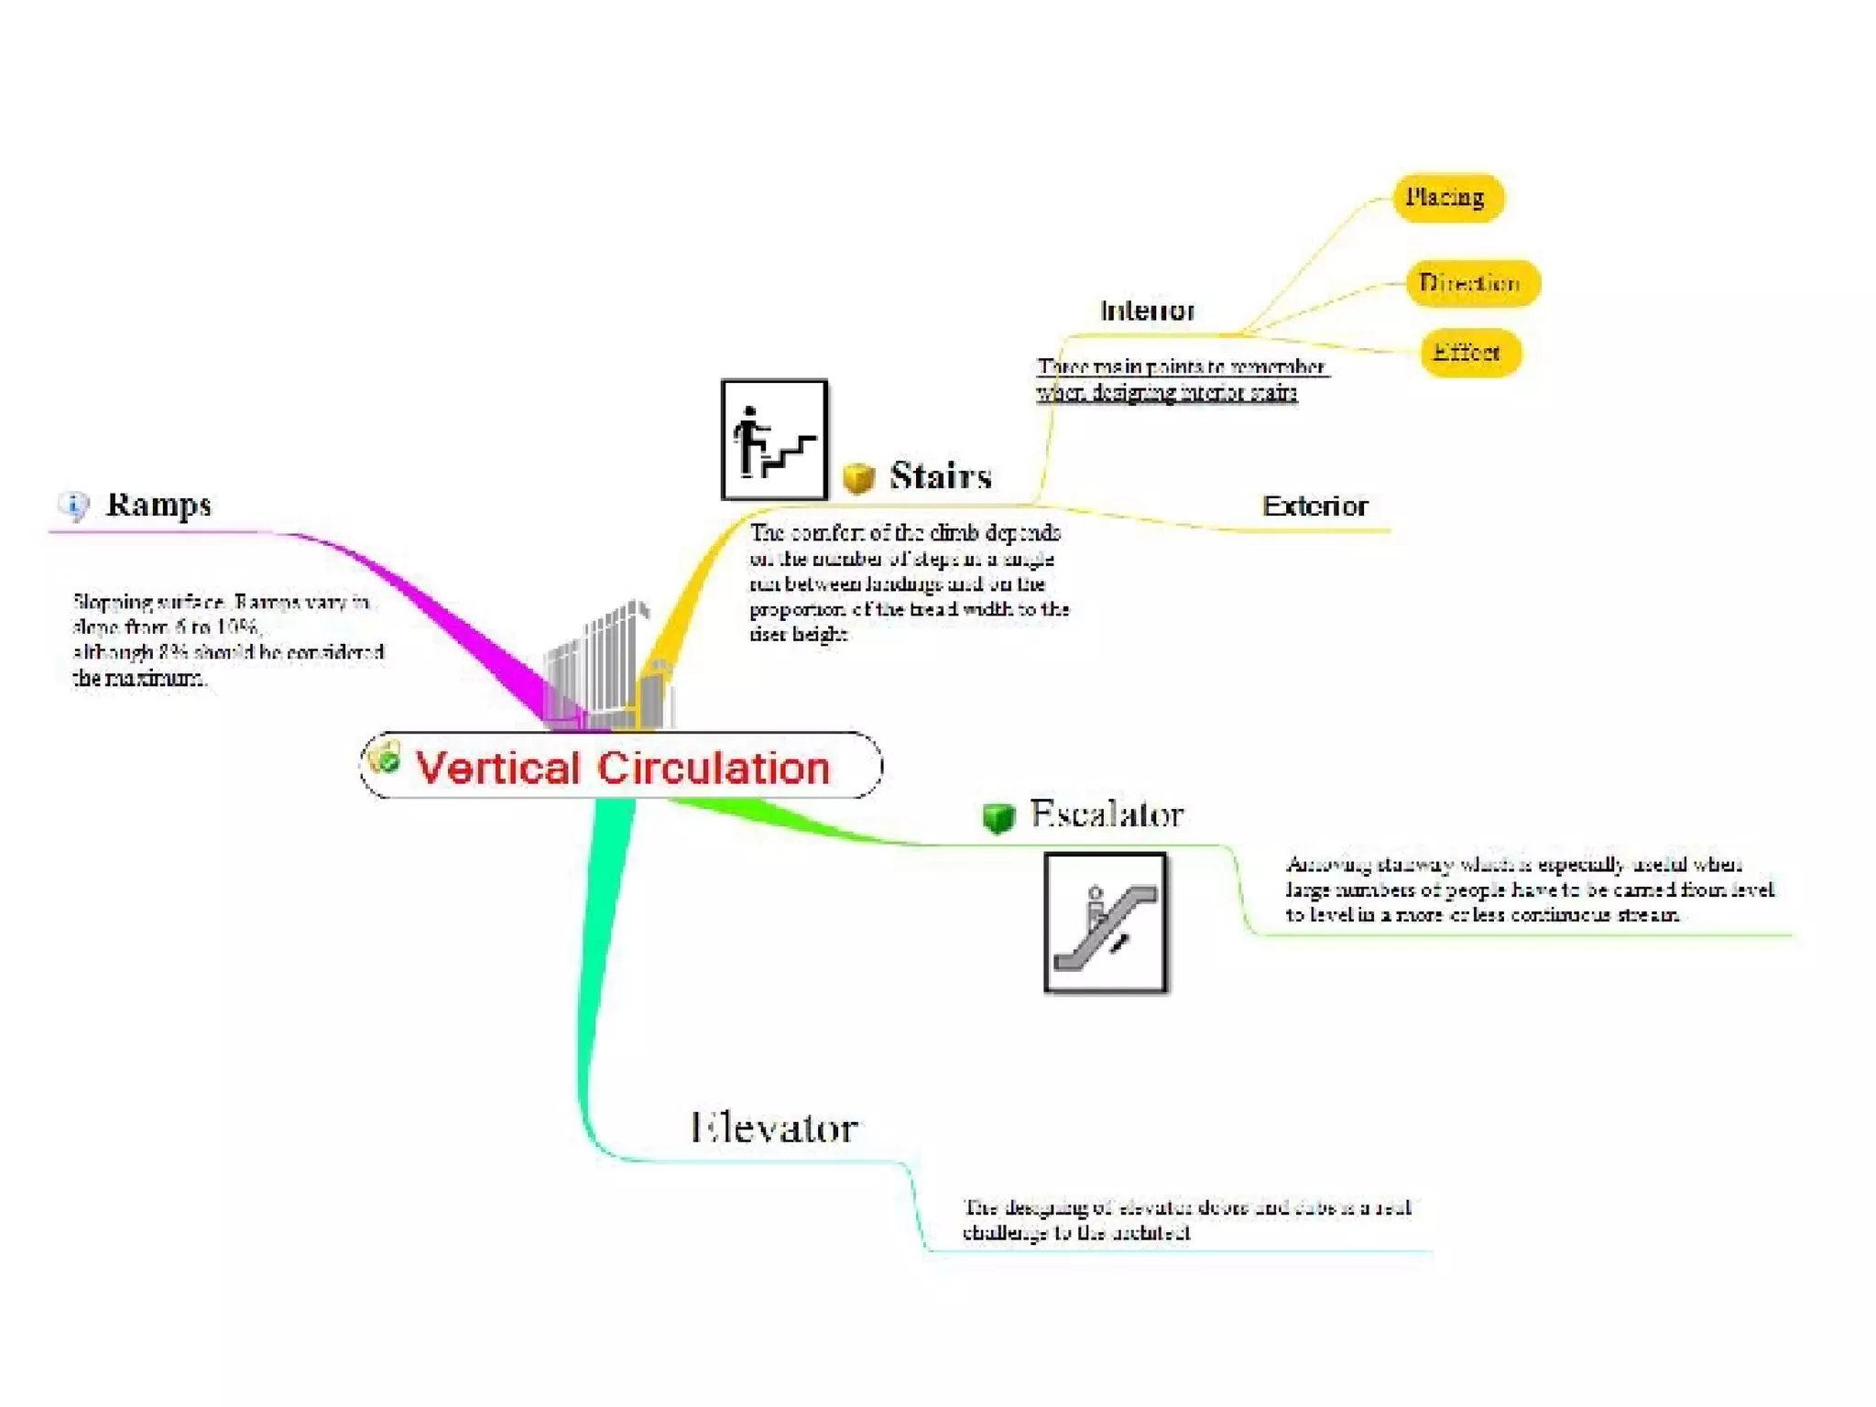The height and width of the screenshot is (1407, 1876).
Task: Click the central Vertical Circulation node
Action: pyautogui.click(x=621, y=766)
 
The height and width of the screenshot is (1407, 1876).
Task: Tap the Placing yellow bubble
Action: pyautogui.click(x=1446, y=198)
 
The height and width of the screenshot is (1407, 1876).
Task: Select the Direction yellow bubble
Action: pyautogui.click(x=1471, y=283)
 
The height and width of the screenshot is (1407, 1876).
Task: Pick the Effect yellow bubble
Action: pyautogui.click(x=1469, y=353)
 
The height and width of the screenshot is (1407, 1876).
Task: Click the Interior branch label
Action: pyautogui.click(x=1147, y=311)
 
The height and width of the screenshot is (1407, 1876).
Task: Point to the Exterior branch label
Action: pyautogui.click(x=1314, y=507)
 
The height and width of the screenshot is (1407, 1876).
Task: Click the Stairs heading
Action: pyautogui.click(x=940, y=476)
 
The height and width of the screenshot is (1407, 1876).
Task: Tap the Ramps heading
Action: pyautogui.click(x=158, y=505)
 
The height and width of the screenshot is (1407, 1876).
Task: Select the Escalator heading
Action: pyautogui.click(x=1107, y=813)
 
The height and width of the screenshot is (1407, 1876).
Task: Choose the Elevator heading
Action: pyautogui.click(x=774, y=1128)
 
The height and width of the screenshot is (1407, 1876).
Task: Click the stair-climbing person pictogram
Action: pyautogui.click(x=774, y=441)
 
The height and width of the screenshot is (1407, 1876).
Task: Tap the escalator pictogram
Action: pyautogui.click(x=1106, y=922)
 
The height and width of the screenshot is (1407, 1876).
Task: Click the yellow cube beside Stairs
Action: pyautogui.click(x=858, y=478)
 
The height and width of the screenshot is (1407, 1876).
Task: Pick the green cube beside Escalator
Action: pyautogui.click(x=998, y=816)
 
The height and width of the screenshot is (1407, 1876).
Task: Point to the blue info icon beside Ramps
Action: pyautogui.click(x=74, y=505)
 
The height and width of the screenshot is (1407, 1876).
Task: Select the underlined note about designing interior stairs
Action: pyautogui.click(x=1180, y=379)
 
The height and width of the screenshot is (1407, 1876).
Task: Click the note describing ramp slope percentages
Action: pyautogui.click(x=228, y=639)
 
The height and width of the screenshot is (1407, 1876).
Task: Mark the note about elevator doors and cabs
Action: pyautogui.click(x=1185, y=1219)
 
